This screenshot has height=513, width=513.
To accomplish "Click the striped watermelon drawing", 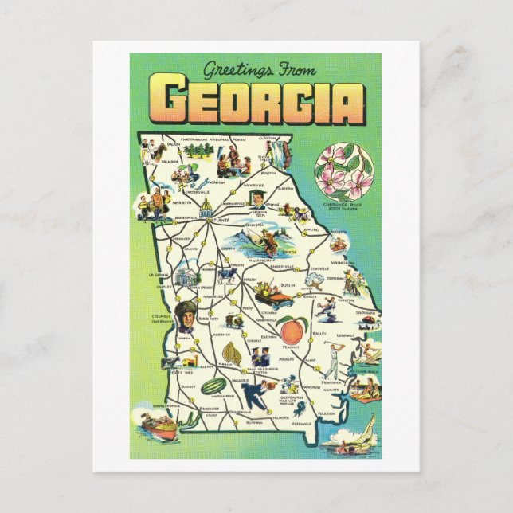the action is click(214, 386).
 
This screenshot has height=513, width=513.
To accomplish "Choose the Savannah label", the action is click(366, 312).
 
